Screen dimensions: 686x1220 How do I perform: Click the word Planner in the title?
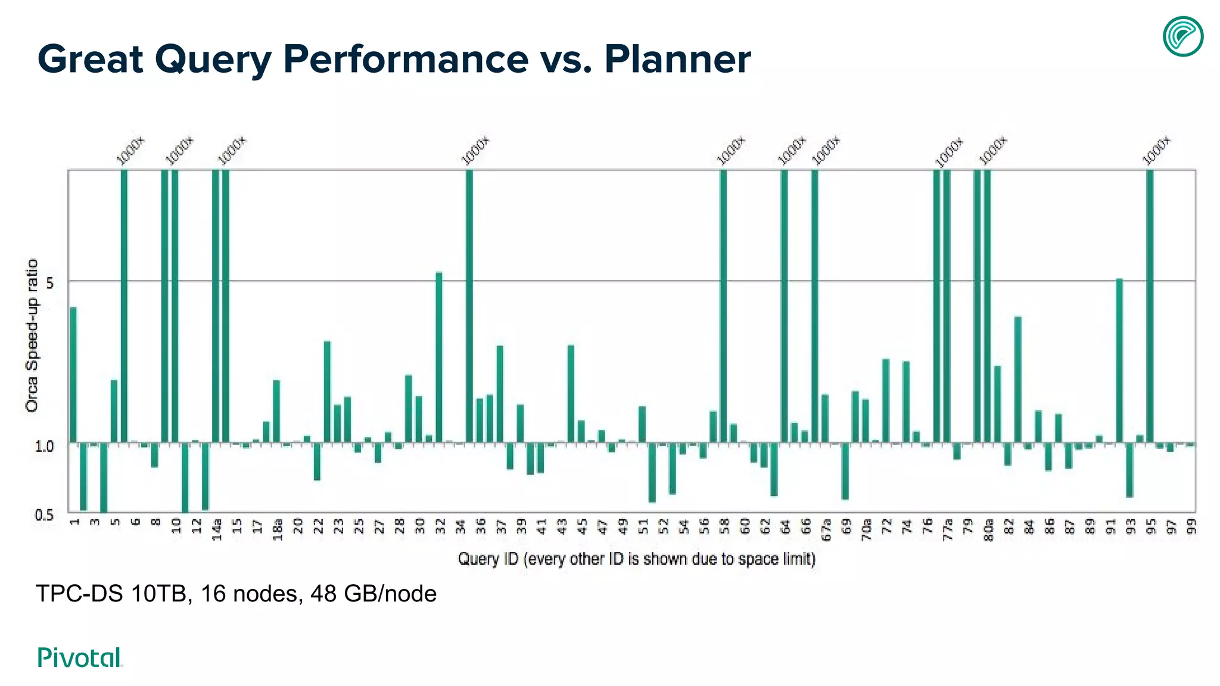tap(677, 59)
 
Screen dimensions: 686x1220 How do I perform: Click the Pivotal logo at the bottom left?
tap(80, 657)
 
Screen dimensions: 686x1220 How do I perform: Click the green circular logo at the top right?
tap(1182, 37)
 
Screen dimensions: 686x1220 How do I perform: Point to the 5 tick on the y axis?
tap(49, 282)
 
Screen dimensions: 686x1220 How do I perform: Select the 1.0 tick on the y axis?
tap(44, 446)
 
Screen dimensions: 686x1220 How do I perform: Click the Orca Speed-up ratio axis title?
tap(32, 336)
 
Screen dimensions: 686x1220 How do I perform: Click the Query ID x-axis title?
tap(636, 559)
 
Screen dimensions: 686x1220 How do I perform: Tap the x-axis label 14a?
tap(217, 529)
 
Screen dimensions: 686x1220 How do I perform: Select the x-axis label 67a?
tap(826, 529)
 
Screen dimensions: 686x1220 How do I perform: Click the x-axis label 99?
tap(1191, 526)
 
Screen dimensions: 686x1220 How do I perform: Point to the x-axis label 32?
tap(440, 526)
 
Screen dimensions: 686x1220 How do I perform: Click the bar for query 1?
tap(73, 375)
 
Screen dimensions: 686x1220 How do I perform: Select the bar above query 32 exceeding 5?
tap(439, 357)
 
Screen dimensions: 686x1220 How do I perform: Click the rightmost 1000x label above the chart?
tap(1156, 150)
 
